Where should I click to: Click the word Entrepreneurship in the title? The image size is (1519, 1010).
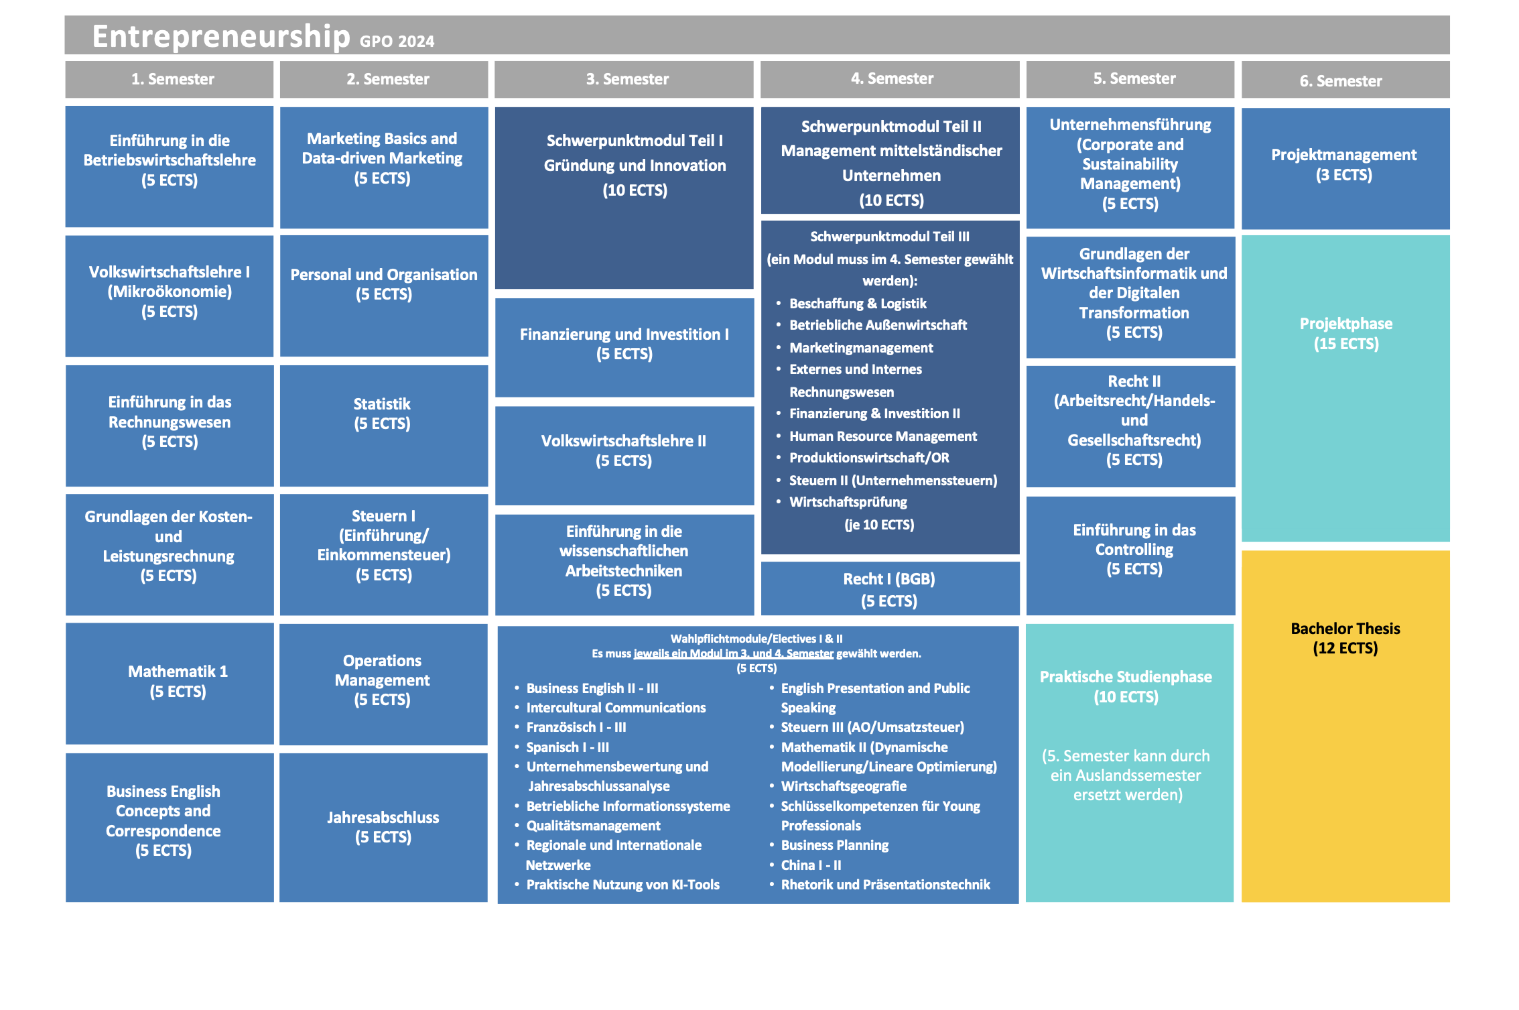click(x=220, y=36)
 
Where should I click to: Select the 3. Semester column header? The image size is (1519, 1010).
click(x=627, y=79)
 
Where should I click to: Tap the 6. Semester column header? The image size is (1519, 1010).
click(x=1341, y=81)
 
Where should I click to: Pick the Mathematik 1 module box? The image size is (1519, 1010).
click(x=178, y=682)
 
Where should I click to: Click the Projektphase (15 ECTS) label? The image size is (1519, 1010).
click(x=1345, y=334)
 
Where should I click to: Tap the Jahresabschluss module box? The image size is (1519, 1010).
click(x=383, y=827)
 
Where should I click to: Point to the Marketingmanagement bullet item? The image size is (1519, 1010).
click(x=861, y=348)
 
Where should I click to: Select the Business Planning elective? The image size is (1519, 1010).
click(x=834, y=845)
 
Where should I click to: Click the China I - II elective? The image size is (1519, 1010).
click(x=811, y=865)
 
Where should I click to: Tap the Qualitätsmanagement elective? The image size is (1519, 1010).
click(x=593, y=826)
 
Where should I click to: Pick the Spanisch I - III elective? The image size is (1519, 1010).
click(x=568, y=747)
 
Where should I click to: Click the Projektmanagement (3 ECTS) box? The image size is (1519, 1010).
click(x=1343, y=165)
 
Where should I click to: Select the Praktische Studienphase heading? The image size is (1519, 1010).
click(x=1126, y=678)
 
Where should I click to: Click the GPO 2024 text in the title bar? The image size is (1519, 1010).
click(x=397, y=42)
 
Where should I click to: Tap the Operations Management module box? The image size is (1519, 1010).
click(x=382, y=680)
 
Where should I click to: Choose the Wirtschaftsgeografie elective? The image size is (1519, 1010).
click(x=843, y=786)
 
